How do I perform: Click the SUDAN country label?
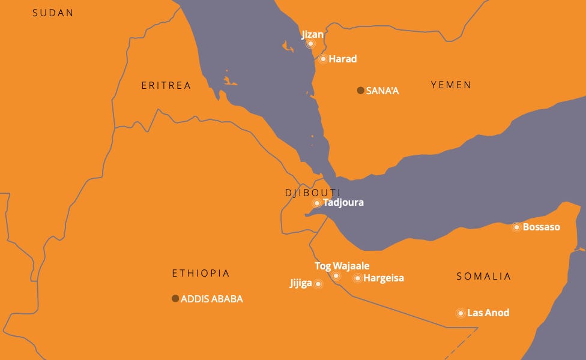click(53, 13)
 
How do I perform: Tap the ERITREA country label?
click(166, 86)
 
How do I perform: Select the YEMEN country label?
click(451, 85)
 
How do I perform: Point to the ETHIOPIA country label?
click(201, 274)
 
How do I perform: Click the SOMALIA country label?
click(483, 277)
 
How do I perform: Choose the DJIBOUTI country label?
click(313, 193)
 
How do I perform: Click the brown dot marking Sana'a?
click(360, 91)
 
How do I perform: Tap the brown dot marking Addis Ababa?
click(175, 298)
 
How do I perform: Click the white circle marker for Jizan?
click(310, 44)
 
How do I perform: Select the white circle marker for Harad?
click(323, 59)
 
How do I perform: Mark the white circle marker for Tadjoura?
click(317, 203)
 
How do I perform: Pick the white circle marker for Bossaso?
click(516, 227)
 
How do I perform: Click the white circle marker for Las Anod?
click(461, 313)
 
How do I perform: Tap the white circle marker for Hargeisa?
click(357, 278)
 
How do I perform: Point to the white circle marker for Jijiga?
click(318, 284)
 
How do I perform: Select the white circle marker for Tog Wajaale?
click(336, 275)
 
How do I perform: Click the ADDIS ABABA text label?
click(212, 299)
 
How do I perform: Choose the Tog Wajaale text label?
click(342, 266)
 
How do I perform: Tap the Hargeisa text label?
click(384, 278)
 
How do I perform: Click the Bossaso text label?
click(542, 227)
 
